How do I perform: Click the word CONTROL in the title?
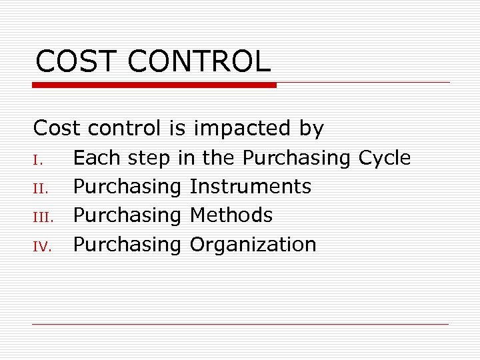pos(199,61)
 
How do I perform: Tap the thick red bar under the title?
pos(155,85)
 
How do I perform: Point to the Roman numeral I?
pos(37,160)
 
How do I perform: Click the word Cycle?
pos(385,158)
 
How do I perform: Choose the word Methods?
pos(231,215)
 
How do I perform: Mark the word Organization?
pos(253,245)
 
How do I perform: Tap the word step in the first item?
pos(149,159)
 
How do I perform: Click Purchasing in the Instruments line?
pos(127,187)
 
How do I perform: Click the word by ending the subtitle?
pos(311,129)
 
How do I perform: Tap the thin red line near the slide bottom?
pos(240,325)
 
